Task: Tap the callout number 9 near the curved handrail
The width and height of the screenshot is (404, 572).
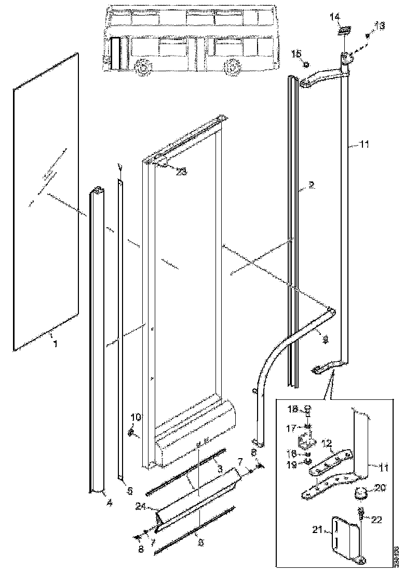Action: coord(326,339)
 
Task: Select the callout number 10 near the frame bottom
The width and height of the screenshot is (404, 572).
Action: coord(136,417)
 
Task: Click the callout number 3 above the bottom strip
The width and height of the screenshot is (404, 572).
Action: coord(220,469)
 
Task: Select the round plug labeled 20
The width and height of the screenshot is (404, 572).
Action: coord(360,491)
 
